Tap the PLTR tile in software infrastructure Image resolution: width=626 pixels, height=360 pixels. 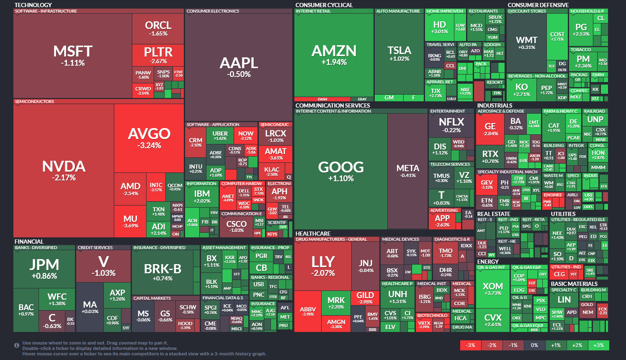click(x=158, y=55)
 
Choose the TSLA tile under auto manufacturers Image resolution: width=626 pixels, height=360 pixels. click(x=399, y=53)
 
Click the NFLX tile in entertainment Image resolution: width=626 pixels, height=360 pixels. click(x=451, y=125)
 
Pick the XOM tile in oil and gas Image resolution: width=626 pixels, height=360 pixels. click(x=492, y=289)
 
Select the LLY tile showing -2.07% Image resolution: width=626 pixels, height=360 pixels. click(x=323, y=266)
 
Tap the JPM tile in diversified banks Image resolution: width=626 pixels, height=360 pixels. click(x=44, y=268)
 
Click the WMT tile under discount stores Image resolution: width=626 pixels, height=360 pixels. click(x=526, y=42)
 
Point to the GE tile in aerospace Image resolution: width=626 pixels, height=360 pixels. click(x=490, y=129)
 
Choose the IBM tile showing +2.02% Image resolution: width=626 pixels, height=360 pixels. click(x=202, y=196)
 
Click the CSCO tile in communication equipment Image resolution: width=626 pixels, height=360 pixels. click(x=237, y=226)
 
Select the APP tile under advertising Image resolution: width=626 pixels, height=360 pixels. click(x=442, y=221)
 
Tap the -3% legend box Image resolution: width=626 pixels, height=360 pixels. click(x=471, y=345)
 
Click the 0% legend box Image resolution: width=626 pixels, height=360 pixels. click(x=534, y=345)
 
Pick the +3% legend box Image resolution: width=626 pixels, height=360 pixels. click(x=598, y=345)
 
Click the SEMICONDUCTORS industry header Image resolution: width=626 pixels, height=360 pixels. click(x=34, y=102)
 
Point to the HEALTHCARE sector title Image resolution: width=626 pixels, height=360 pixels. click(x=313, y=234)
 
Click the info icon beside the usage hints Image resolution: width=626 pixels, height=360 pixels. click(x=17, y=345)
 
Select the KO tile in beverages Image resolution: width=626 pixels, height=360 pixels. click(x=521, y=89)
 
